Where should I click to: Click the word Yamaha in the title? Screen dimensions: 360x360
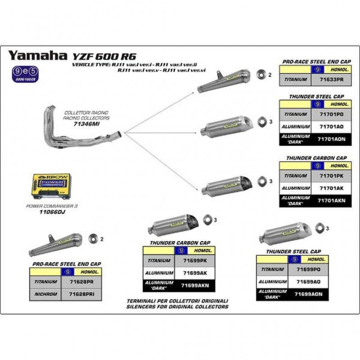pos(37,55)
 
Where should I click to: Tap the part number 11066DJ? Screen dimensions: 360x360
pos(53,210)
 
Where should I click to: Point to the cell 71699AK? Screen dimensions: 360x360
pos(194,273)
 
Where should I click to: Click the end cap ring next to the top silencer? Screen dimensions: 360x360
pos(260,74)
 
